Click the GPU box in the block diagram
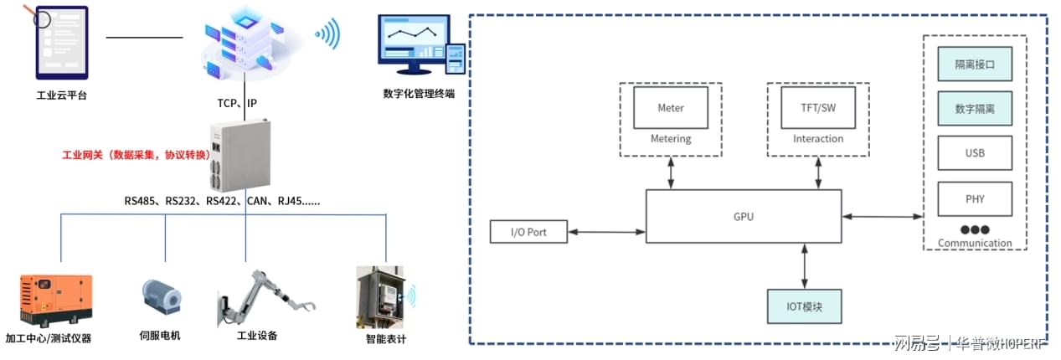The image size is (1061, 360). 744,216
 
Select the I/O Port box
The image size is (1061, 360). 528,231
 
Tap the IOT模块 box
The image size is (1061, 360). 804,306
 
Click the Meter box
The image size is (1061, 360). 670,108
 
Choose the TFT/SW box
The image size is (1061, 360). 818,108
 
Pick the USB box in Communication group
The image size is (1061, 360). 974,153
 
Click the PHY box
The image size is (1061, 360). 974,199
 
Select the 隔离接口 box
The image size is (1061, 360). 974,64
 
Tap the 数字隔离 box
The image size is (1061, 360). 974,108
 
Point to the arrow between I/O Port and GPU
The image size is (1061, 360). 606,231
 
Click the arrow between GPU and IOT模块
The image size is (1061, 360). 805,266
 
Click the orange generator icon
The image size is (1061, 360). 56,300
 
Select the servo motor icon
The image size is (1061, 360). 161,298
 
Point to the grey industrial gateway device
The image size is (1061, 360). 243,155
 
